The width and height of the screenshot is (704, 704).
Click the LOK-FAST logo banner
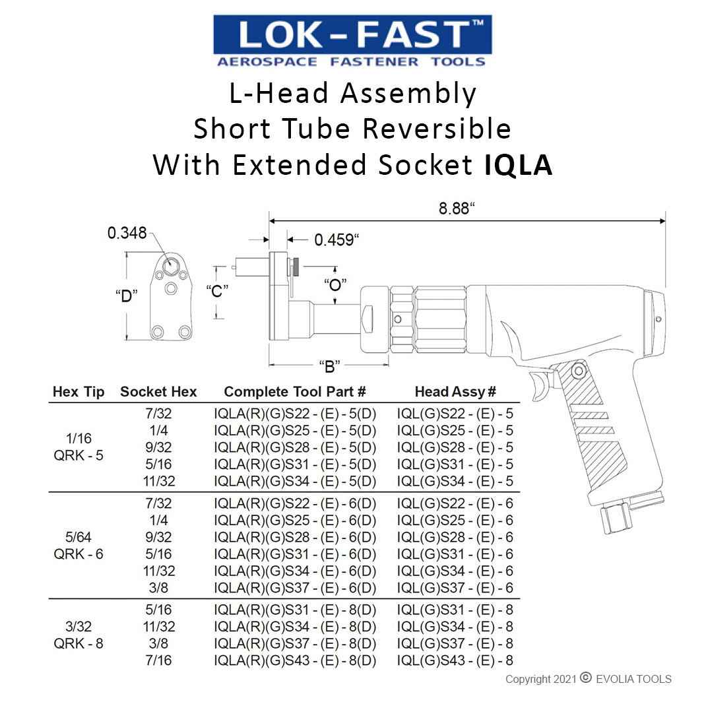[x=352, y=41]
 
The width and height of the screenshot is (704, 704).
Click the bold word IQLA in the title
[x=519, y=165]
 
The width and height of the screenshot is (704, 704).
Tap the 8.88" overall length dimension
[x=456, y=208]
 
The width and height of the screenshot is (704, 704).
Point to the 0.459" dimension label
[x=336, y=240]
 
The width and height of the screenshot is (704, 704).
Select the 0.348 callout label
[x=127, y=233]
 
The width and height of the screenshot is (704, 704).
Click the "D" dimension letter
[x=127, y=296]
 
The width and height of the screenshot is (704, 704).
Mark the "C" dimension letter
[x=217, y=291]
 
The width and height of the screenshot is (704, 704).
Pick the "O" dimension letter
[x=335, y=284]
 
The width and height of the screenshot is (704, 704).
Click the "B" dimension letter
[x=329, y=366]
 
